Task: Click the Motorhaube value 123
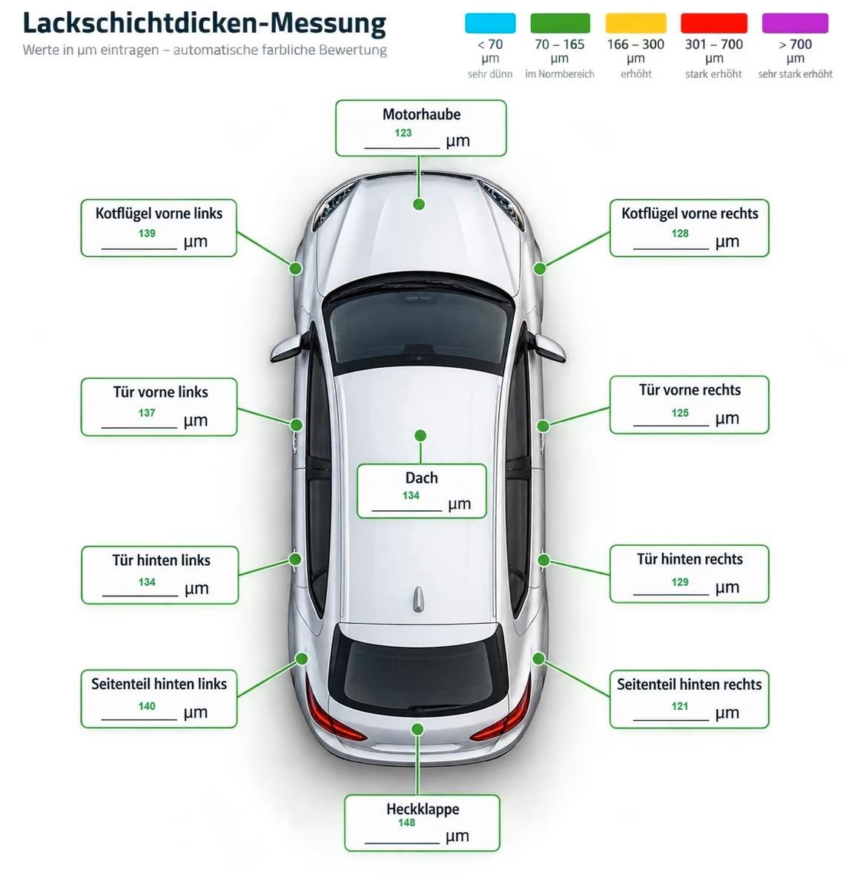pyautogui.click(x=403, y=133)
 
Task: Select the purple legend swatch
pyautogui.click(x=795, y=23)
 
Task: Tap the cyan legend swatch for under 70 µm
pyautogui.click(x=490, y=23)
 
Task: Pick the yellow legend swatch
pyautogui.click(x=635, y=23)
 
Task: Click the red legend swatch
pyautogui.click(x=714, y=23)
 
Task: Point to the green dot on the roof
pyautogui.click(x=420, y=435)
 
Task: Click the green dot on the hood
pyautogui.click(x=419, y=204)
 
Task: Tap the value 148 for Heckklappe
pyautogui.click(x=406, y=823)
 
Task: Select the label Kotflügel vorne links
pyautogui.click(x=159, y=213)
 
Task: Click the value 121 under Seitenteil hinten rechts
pyautogui.click(x=680, y=706)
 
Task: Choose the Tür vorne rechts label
pyautogui.click(x=690, y=390)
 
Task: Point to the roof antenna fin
pyautogui.click(x=419, y=599)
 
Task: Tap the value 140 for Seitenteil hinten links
pyautogui.click(x=147, y=706)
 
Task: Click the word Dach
pyautogui.click(x=421, y=478)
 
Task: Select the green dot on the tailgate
pyautogui.click(x=417, y=729)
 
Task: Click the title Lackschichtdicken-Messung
pyautogui.click(x=205, y=23)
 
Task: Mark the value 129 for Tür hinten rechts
pyautogui.click(x=680, y=581)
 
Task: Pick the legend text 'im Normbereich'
pyautogui.click(x=560, y=73)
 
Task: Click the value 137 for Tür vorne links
pyautogui.click(x=147, y=412)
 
